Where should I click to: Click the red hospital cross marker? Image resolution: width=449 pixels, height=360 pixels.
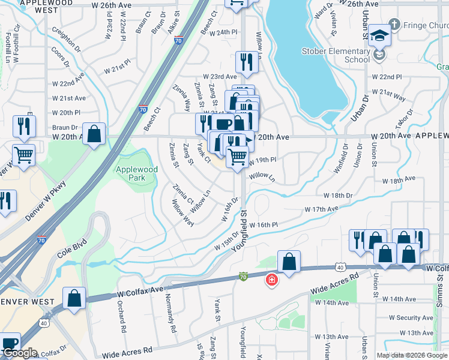point(271,279)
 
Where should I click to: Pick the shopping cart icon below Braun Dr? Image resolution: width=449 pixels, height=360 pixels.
point(23,155)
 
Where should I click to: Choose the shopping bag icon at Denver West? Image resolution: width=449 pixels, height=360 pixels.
point(74,298)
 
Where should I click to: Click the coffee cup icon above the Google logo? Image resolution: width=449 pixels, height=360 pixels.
point(10,343)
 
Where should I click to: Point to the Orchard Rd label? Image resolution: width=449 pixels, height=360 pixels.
point(122,317)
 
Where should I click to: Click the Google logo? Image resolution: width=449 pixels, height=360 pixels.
point(19,353)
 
